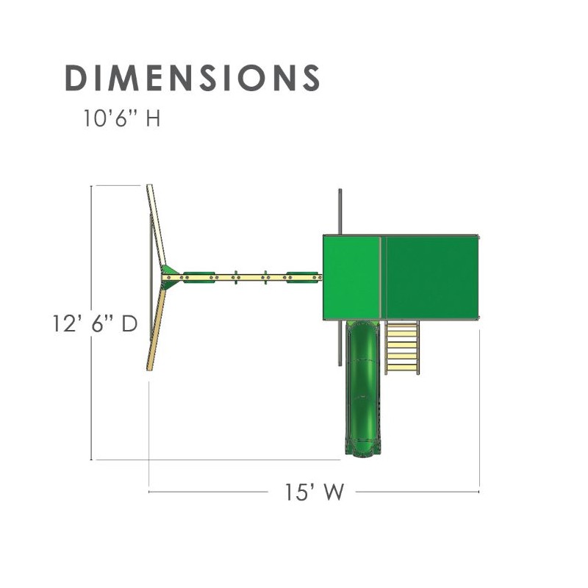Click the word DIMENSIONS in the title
click(x=193, y=78)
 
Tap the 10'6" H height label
click(x=121, y=118)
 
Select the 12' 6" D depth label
click(x=95, y=323)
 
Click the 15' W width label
click(x=315, y=492)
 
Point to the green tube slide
click(x=362, y=389)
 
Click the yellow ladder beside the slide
click(x=401, y=347)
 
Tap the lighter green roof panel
click(x=352, y=278)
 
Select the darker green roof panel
click(x=431, y=278)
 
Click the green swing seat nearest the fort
click(x=302, y=278)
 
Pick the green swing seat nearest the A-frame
click(x=199, y=278)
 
